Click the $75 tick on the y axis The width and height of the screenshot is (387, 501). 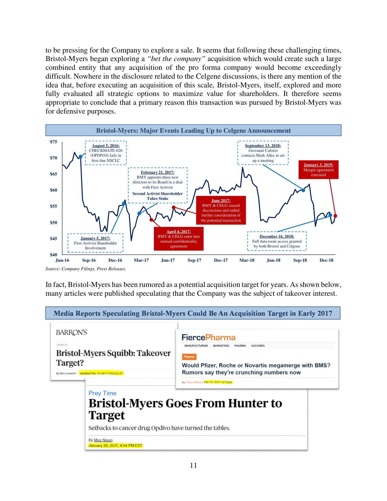[x=53, y=142]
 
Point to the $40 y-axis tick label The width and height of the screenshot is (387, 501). [x=53, y=255]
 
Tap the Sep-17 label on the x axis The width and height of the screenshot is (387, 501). [x=194, y=260]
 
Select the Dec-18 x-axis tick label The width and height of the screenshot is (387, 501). [x=326, y=260]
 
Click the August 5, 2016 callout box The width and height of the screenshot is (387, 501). [x=106, y=153]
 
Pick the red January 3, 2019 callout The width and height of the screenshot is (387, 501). [x=318, y=170]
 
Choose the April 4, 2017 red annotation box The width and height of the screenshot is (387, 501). [x=178, y=239]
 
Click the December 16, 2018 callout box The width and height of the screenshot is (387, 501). [x=277, y=241]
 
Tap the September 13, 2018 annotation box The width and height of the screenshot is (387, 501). [x=263, y=153]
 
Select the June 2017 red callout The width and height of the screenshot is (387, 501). [x=221, y=210]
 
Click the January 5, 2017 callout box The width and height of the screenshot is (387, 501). [x=95, y=243]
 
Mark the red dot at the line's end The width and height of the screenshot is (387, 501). [x=335, y=216]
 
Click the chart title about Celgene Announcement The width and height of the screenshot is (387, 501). [x=193, y=131]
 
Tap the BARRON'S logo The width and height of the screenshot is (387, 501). [x=72, y=332]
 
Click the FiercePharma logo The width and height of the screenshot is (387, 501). [x=209, y=337]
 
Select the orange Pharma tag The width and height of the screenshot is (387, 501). [x=189, y=357]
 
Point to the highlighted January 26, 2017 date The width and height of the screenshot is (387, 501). [x=115, y=445]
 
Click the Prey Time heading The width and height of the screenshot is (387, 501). [x=103, y=393]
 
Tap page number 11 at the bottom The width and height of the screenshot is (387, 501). [x=193, y=465]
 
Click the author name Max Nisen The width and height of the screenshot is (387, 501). [x=103, y=440]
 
